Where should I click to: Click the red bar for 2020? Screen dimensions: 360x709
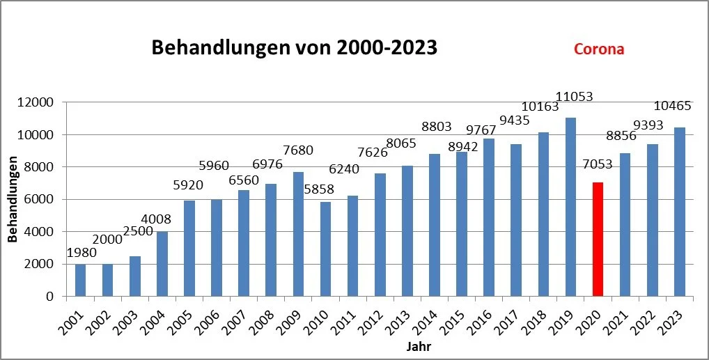pos(598,239)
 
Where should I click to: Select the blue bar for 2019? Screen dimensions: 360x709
pos(570,207)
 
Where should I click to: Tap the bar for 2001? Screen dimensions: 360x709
pos(81,280)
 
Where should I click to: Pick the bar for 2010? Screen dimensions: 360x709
pos(325,249)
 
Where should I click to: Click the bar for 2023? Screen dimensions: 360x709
pos(679,212)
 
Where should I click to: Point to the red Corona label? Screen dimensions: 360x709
pos(598,49)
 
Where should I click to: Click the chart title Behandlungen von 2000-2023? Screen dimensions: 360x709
pos(295,48)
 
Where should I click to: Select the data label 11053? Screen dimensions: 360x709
pos(570,97)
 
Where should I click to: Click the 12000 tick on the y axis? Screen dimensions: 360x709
pos(36,102)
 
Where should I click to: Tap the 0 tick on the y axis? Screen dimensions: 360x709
pos(49,297)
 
